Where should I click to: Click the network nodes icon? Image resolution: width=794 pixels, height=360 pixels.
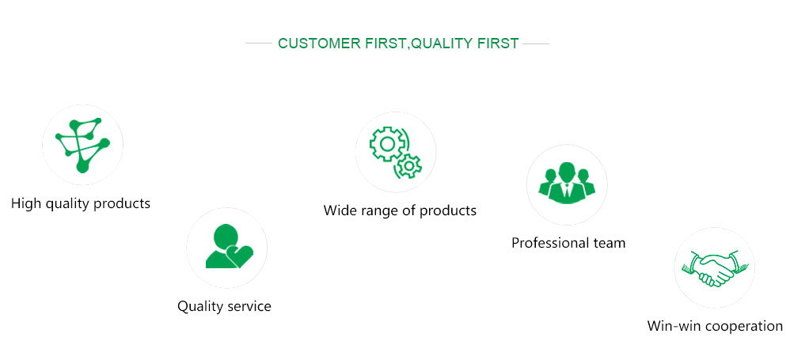[82, 145]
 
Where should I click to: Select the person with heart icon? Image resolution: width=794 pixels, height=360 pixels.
[229, 246]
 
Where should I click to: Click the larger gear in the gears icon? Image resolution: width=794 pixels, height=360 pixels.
[388, 144]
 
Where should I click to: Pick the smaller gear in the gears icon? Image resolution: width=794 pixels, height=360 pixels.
[408, 165]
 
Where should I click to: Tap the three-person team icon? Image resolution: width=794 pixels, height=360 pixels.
[567, 184]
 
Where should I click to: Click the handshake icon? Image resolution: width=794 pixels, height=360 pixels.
[714, 267]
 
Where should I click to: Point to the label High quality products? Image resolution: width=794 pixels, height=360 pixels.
[81, 203]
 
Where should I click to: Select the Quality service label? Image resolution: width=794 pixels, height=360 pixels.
[224, 306]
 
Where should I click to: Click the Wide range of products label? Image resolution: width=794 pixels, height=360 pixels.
[400, 210]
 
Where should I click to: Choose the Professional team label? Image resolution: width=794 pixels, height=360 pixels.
[568, 243]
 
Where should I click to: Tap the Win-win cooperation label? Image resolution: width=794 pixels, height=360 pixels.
[715, 325]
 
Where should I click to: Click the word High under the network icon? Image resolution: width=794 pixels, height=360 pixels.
[26, 203]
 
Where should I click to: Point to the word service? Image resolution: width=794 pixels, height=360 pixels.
[249, 306]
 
